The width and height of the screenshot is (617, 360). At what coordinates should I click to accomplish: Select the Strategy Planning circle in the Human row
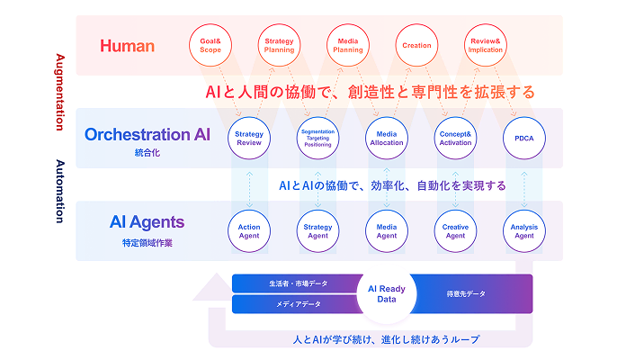280,45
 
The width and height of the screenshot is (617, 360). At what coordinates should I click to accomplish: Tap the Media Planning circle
349,45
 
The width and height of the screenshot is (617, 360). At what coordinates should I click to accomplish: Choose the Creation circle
417,45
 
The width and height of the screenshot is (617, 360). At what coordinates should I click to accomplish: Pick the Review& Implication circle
487,45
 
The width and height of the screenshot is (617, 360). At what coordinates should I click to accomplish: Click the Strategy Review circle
249,139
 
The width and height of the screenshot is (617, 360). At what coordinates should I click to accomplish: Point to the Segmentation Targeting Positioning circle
318,139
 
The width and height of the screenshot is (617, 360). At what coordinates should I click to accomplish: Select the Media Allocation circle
387,139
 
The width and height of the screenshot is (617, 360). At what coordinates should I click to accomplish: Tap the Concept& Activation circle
455,139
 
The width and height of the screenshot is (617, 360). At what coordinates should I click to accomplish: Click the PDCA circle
523,139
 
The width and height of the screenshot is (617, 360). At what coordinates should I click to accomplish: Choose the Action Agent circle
249,231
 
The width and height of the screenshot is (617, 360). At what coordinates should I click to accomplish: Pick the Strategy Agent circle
318,231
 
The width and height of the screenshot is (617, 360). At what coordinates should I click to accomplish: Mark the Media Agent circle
387,231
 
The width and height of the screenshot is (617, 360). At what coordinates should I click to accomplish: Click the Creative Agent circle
455,231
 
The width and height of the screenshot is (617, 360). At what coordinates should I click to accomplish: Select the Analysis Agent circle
523,231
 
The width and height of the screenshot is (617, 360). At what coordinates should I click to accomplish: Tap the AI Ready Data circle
387,294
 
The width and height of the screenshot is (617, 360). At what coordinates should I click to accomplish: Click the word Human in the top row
127,45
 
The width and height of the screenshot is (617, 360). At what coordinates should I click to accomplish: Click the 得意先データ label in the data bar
466,294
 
